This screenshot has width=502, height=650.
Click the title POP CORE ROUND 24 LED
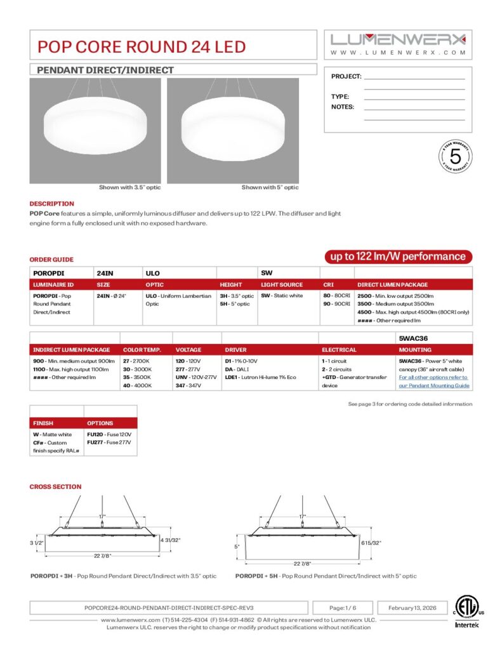tap(141, 46)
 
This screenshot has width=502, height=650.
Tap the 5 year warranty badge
tap(454, 157)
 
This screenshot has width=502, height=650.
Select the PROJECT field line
tap(414, 77)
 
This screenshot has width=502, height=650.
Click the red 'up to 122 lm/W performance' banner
tap(399, 256)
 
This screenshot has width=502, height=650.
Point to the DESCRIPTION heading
tap(51, 204)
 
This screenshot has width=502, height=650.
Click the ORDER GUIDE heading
tap(51, 260)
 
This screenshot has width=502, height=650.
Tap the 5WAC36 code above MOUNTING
tap(412, 338)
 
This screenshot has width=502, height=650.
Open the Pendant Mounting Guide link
tap(434, 385)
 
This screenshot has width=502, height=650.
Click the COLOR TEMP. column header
tap(142, 350)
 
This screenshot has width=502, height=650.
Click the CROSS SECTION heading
tap(55, 487)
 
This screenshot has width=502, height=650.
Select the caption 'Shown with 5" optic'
tap(270, 187)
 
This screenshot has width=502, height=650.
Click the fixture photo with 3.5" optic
tap(95, 131)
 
